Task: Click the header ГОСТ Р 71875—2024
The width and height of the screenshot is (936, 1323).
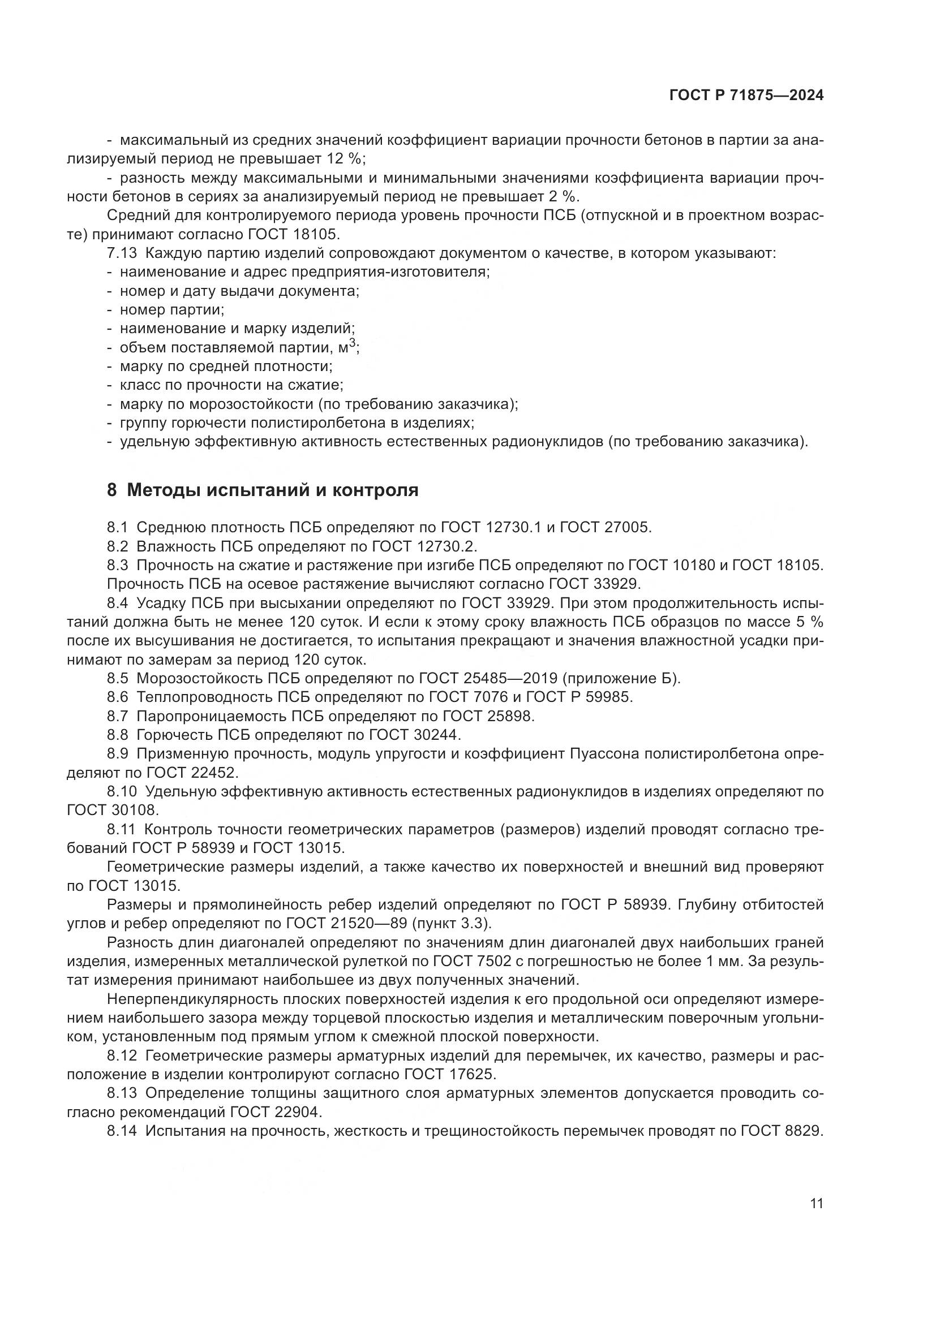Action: coord(746,96)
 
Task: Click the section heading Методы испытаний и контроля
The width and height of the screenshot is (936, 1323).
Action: coord(272,490)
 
